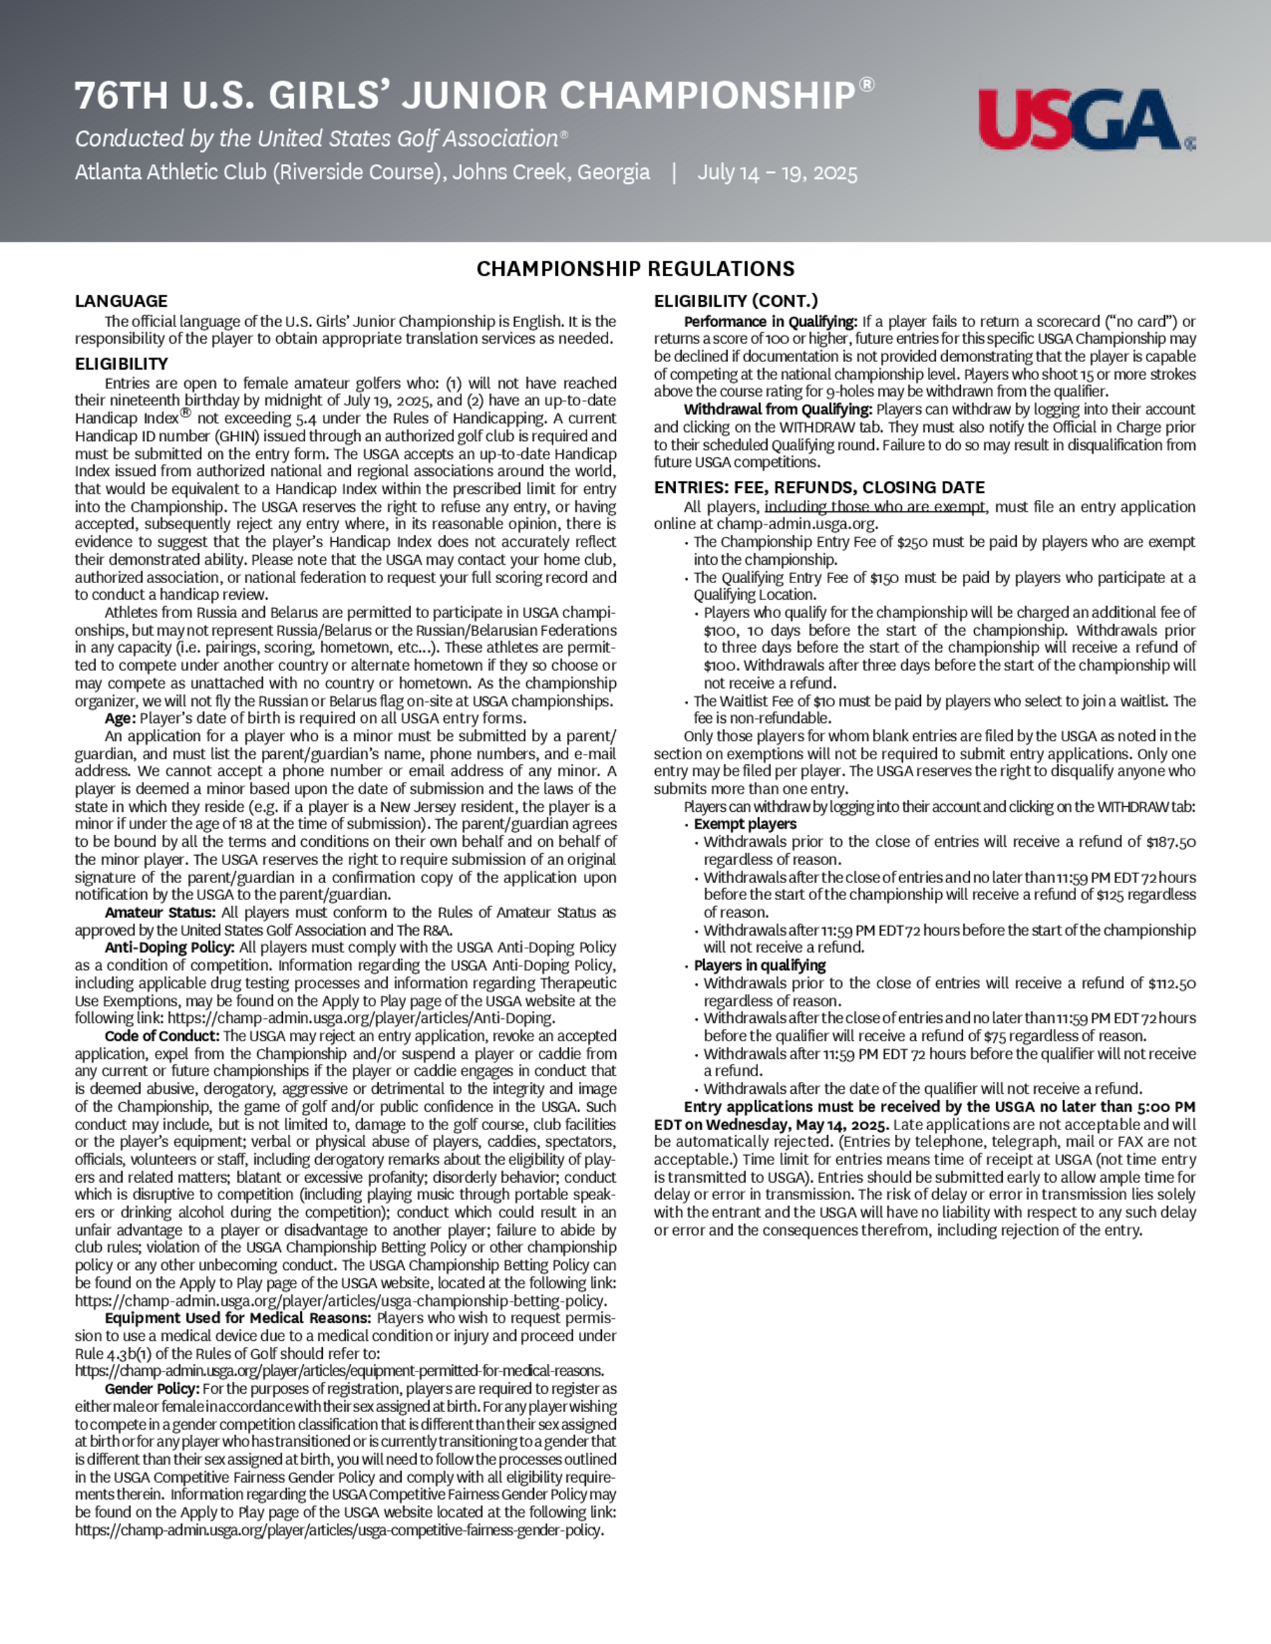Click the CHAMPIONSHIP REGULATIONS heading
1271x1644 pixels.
[635, 269]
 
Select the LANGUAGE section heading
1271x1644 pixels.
[121, 301]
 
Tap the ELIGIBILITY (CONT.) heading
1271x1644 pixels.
[736, 301]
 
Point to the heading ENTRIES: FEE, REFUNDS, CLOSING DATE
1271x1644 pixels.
[819, 487]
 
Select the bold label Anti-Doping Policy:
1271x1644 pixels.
[170, 948]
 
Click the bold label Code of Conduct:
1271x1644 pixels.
[162, 1036]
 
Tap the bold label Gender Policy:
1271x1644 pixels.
[152, 1388]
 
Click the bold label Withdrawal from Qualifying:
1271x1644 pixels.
[778, 410]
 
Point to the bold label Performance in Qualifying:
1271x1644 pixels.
[770, 321]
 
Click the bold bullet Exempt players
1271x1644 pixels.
[745, 825]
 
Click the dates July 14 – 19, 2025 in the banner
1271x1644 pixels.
[777, 173]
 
